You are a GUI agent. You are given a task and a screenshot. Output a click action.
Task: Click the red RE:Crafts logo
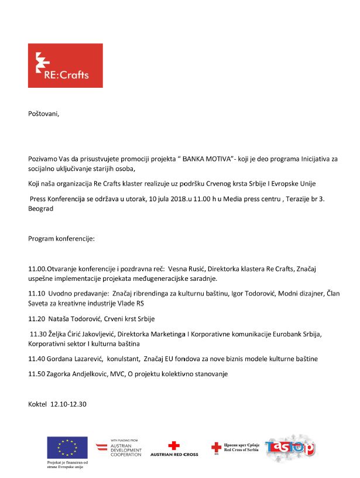click(65, 66)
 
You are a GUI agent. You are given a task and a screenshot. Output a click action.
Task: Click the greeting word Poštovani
click(44, 114)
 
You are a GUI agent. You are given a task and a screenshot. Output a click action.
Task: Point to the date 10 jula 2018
click(171, 200)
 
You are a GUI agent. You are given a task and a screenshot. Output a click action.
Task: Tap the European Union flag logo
click(67, 448)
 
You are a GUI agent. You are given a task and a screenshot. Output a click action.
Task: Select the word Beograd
click(41, 209)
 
